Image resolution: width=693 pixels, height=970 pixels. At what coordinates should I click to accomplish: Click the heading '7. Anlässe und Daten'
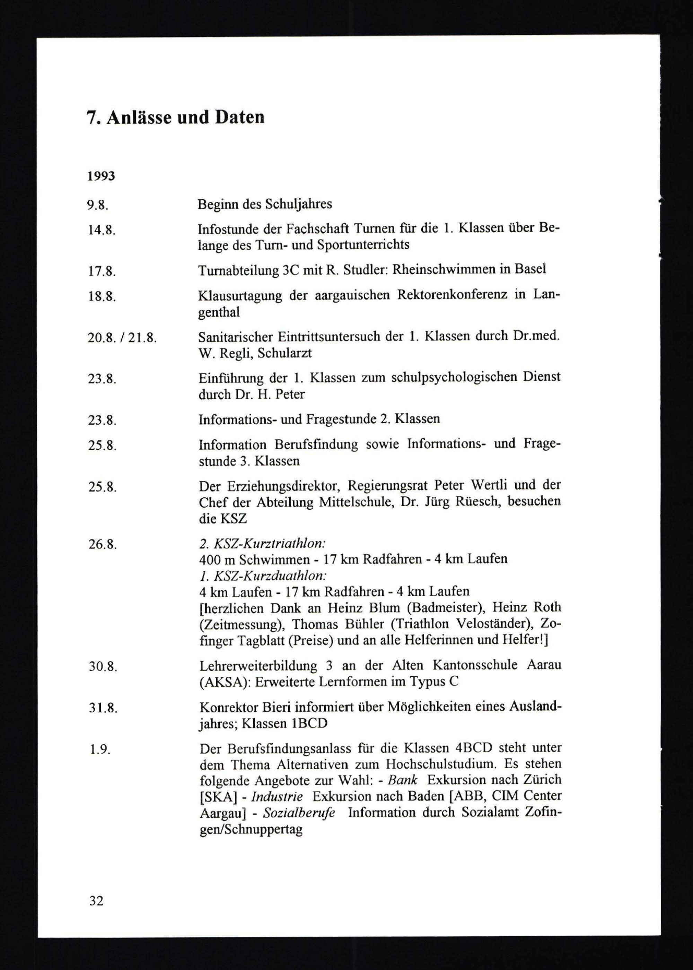point(175,118)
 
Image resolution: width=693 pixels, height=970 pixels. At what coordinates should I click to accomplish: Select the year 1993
point(101,176)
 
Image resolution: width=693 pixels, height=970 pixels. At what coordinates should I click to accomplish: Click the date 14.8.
point(102,231)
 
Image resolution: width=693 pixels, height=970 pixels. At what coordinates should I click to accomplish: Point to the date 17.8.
point(102,271)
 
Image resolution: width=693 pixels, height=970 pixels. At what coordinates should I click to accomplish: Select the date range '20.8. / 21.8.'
point(122,339)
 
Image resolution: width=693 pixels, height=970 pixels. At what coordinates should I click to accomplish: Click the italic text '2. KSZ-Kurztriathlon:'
point(262,544)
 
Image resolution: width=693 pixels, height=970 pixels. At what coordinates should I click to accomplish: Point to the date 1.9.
point(100,750)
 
